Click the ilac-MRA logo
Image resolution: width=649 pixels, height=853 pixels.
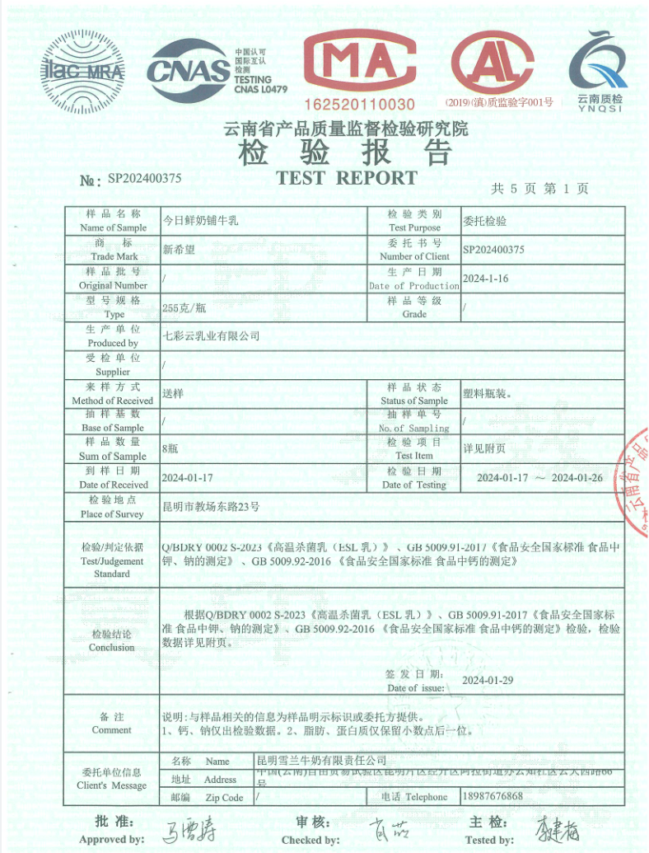coord(83,72)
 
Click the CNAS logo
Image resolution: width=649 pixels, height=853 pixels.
coord(189,70)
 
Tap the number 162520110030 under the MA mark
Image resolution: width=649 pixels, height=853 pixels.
coord(360,105)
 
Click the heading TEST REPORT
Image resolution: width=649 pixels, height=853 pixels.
coord(347,177)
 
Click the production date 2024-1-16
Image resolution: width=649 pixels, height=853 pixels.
coord(486,279)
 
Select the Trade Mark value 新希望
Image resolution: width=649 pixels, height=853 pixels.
coord(179,250)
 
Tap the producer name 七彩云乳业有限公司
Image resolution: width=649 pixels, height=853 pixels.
coord(211,335)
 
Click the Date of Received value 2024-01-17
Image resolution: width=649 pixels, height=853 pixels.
coord(188,478)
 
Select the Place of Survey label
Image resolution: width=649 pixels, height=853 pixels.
coord(112,507)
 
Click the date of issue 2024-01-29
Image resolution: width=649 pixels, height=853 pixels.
coord(488,680)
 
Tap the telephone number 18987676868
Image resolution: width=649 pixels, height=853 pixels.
coord(493,796)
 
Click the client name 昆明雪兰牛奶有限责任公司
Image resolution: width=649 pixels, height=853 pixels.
coord(322,759)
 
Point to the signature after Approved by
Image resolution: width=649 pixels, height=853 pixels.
coord(185,831)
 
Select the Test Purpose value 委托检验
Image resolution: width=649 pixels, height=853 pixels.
coord(485,222)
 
